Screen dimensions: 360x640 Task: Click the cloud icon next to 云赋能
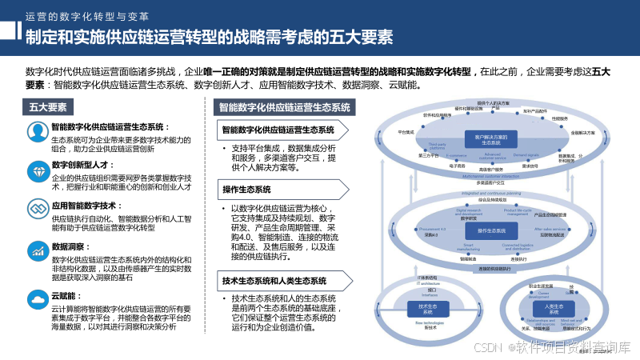tap(36, 300)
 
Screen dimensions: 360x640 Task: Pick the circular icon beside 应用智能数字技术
tap(36, 210)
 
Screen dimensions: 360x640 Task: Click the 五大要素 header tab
tap(47, 107)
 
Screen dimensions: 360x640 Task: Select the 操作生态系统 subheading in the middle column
tap(246, 190)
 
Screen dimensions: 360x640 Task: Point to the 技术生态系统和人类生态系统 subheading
tap(274, 281)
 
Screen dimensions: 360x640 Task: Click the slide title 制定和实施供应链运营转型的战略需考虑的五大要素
tap(208, 37)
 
